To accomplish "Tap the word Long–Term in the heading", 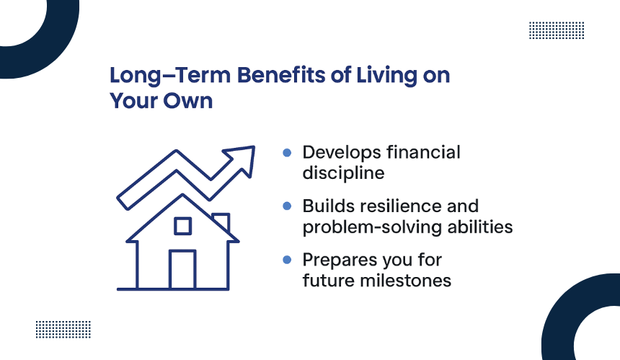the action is (x=170, y=76).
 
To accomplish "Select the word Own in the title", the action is (x=188, y=101).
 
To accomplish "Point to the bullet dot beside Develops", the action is (x=287, y=153).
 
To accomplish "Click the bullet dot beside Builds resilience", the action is (x=287, y=206).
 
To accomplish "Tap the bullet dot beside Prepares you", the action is (x=287, y=260).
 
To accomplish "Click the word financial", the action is (x=423, y=152).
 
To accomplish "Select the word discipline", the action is (x=343, y=173).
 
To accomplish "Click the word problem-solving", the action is (x=372, y=227).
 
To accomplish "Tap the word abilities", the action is (x=480, y=227).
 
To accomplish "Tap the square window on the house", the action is (x=182, y=226).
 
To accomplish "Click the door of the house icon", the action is (x=182, y=269).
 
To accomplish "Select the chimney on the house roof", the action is (x=221, y=222).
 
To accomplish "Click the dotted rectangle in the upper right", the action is (x=557, y=30).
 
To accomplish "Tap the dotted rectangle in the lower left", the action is (x=63, y=330).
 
